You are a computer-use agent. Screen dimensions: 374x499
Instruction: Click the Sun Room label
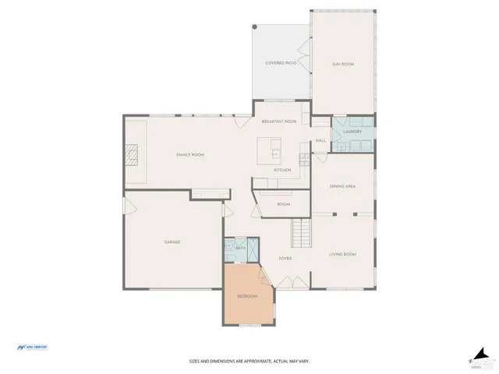pos(343,64)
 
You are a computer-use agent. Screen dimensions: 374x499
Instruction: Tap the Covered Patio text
pos(280,62)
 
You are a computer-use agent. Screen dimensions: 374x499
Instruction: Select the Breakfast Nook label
pos(279,122)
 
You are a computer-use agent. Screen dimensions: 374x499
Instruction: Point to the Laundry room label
pos(352,132)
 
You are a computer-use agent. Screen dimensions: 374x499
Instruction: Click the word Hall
pos(320,140)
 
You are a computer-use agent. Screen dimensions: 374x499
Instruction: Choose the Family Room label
pos(189,155)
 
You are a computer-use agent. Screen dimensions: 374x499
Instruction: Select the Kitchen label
pos(282,170)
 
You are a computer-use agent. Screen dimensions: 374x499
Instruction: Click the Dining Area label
pos(343,187)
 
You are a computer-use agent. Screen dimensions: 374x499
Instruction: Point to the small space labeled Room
pos(284,204)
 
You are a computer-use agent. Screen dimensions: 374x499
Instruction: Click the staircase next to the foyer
pos(301,231)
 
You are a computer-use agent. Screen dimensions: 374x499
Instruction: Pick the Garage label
pos(172,242)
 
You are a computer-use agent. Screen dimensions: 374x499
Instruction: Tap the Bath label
pos(241,248)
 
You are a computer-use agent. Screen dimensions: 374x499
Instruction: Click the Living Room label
pos(342,254)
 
